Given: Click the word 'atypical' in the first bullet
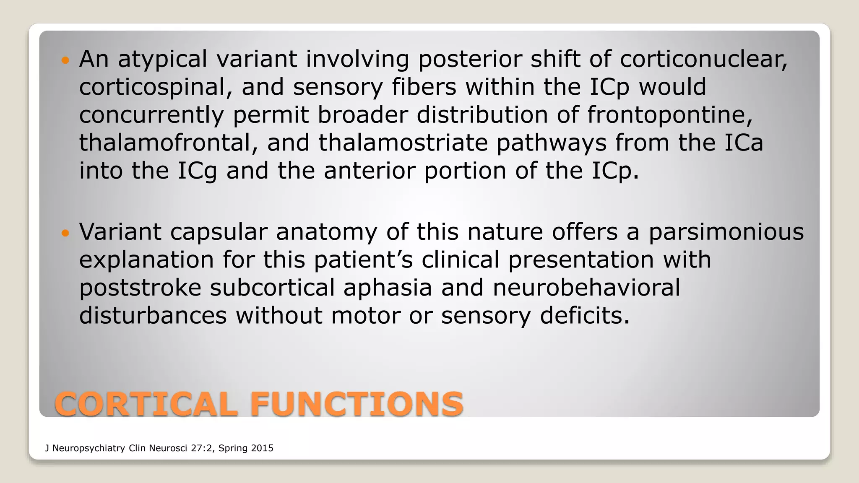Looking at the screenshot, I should click(x=162, y=59).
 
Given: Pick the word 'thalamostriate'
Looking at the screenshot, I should click(x=403, y=143).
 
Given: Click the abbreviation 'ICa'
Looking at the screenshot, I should click(x=743, y=143).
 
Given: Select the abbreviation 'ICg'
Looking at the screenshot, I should click(x=197, y=171).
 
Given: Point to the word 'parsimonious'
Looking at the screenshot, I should click(x=726, y=232).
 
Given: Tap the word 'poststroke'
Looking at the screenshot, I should click(x=140, y=288).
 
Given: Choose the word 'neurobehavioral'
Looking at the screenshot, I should click(x=586, y=288).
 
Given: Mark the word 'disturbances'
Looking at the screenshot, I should click(x=153, y=315).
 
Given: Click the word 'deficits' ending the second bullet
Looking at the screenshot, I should click(x=585, y=315).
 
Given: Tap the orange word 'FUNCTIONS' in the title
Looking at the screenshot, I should click(x=357, y=404).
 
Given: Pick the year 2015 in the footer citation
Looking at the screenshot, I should click(x=262, y=448).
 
